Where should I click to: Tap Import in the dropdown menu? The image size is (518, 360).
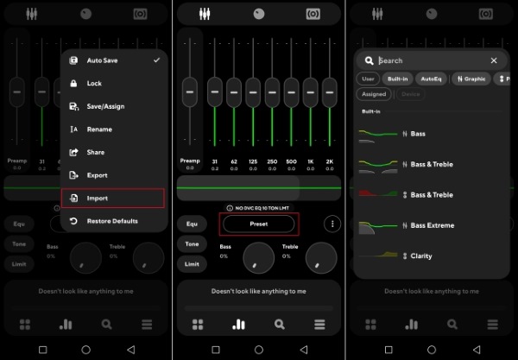tap(98, 199)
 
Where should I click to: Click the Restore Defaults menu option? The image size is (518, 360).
tap(111, 221)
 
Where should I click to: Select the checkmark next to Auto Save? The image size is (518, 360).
tap(156, 60)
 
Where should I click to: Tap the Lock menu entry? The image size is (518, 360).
tap(94, 84)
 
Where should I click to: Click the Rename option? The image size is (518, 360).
tap(99, 129)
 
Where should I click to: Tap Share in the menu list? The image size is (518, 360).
tap(96, 153)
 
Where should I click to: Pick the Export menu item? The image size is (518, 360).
tap(97, 175)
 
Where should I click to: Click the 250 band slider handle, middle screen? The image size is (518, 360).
tap(272, 91)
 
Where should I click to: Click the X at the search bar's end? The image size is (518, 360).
tap(494, 60)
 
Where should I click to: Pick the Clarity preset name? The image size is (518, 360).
tap(422, 256)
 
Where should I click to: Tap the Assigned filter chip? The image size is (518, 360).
tap(374, 94)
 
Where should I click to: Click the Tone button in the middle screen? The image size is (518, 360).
tap(193, 244)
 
